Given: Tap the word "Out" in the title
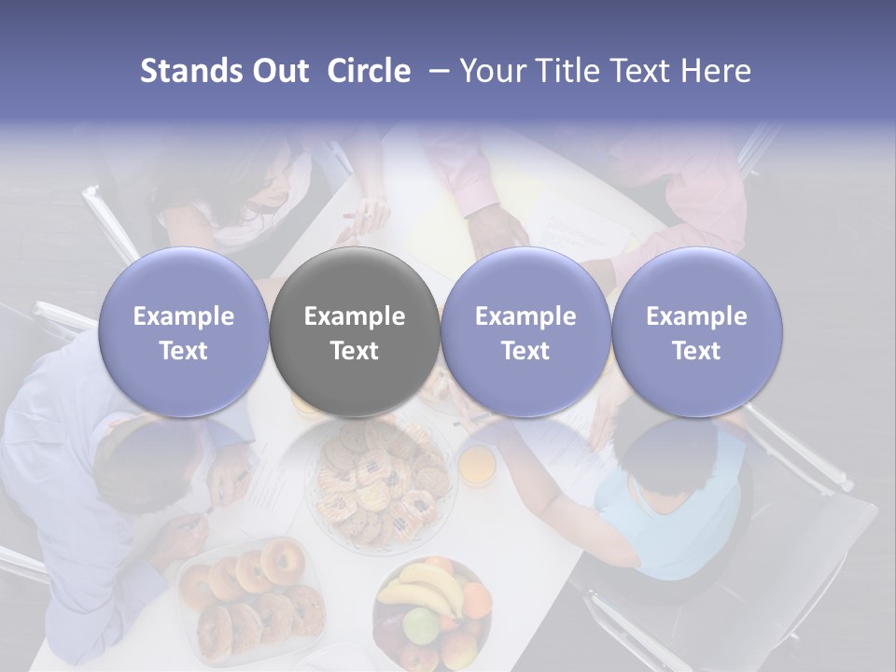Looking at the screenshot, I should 281,71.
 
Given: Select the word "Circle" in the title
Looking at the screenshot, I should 369,71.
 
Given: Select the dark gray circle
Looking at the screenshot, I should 355,332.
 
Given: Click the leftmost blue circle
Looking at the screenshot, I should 184,332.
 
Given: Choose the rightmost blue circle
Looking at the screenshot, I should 697,332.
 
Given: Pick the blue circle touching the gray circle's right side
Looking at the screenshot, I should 525,332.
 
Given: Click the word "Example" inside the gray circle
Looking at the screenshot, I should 355,316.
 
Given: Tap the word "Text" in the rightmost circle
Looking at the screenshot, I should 697,351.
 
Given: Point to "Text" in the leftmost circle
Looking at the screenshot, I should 184,351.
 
